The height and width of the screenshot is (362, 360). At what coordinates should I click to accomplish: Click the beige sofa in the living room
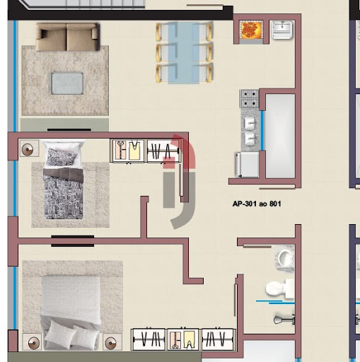coord(68,37)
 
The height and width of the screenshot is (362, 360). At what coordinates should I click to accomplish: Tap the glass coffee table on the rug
coord(67,83)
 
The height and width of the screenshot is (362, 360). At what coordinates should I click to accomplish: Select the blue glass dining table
coord(184,53)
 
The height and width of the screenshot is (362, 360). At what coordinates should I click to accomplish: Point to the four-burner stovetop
coord(250,98)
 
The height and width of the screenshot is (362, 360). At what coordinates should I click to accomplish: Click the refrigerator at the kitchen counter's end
coord(248,165)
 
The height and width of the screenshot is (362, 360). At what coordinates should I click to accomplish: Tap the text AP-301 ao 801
coord(257,204)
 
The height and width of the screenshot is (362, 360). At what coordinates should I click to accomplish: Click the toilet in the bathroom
coord(280,288)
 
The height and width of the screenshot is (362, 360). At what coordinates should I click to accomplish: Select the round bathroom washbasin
coord(285,258)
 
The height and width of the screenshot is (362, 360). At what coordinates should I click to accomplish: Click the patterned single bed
coord(63,180)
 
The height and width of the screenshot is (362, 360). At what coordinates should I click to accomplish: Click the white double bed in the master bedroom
coord(71,312)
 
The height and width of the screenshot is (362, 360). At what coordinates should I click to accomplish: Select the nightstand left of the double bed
coord(32,341)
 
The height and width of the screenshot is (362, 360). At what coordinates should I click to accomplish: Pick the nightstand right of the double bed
coord(112,341)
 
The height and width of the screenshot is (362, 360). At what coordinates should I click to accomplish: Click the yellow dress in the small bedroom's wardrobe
coord(134,151)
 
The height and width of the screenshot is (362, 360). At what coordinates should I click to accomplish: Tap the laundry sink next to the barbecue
coord(282,30)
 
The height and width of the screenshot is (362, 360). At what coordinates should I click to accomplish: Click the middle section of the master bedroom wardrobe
coord(183,339)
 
